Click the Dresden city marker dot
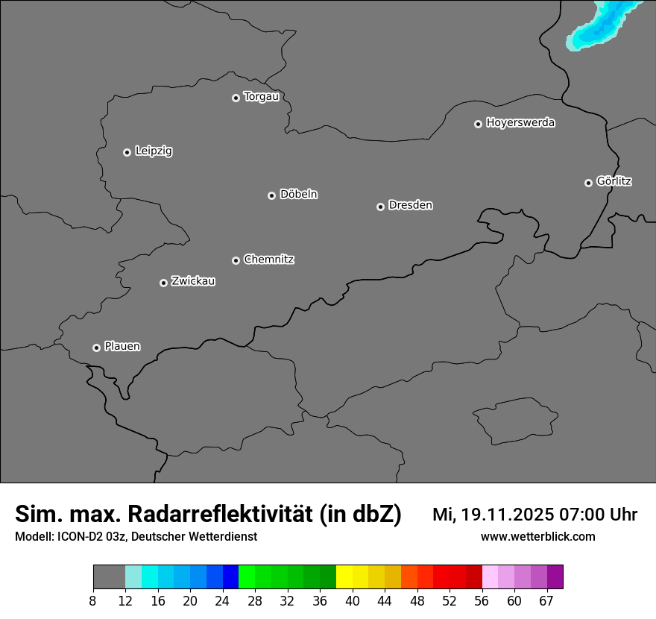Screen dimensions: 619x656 tap(380, 207)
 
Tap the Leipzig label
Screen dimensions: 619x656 tap(154, 151)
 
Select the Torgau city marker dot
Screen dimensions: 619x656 tap(236, 98)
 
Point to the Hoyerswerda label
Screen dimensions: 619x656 tap(520, 122)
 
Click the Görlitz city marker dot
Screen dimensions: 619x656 tap(588, 183)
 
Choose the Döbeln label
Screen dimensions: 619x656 tap(298, 194)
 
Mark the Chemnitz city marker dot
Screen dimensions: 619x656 tap(236, 260)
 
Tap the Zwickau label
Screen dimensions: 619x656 tap(193, 281)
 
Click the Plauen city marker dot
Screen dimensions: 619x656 tap(96, 348)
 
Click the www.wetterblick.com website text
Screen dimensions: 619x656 tap(537, 536)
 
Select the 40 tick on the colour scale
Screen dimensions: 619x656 tap(352, 600)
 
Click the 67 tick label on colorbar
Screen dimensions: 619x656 tap(546, 600)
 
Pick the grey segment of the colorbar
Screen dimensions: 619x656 tap(109, 577)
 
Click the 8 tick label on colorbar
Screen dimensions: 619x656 tap(93, 600)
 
